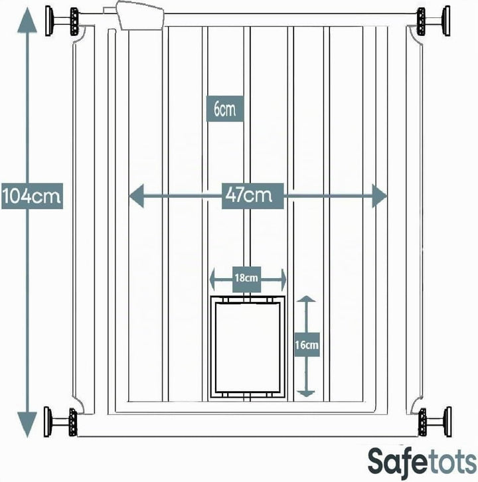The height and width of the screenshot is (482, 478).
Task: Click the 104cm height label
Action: [x=32, y=196]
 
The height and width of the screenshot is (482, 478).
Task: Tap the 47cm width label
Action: [x=252, y=196]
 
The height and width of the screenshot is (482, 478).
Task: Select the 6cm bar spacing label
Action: [x=225, y=109]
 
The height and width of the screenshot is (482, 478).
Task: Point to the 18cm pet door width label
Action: [x=246, y=279]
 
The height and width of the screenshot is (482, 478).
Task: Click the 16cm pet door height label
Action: [x=307, y=345]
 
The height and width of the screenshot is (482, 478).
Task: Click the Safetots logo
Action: [x=422, y=464]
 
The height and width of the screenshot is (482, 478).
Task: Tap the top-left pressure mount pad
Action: [x=48, y=21]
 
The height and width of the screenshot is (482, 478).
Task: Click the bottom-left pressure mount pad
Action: [x=47, y=422]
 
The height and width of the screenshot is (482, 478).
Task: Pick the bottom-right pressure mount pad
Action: [x=448, y=422]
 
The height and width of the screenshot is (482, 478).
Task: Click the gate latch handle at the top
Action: [x=140, y=15]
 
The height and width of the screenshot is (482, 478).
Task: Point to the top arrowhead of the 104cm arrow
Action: [x=27, y=20]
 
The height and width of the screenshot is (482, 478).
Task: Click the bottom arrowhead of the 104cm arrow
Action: [x=27, y=424]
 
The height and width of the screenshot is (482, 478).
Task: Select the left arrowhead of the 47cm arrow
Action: [x=136, y=196]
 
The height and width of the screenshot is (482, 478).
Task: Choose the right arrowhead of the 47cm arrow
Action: [x=379, y=196]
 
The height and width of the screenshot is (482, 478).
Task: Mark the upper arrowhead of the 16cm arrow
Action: [x=307, y=299]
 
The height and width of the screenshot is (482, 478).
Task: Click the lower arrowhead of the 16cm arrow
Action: [x=307, y=394]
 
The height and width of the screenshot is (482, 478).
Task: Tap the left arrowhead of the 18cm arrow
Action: [x=212, y=279]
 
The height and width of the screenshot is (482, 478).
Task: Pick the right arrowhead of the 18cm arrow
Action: [x=283, y=279]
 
